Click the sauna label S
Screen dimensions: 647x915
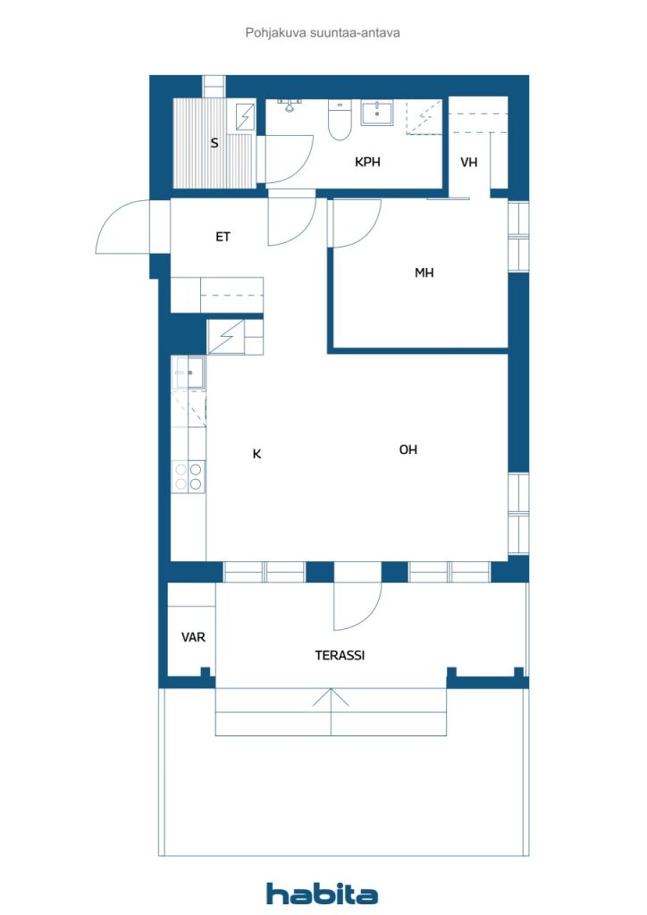(x=214, y=143)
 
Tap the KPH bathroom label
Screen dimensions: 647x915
(x=367, y=162)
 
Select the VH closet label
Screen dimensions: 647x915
(x=469, y=163)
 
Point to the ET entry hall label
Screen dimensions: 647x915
(x=223, y=237)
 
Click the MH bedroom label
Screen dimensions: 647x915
(x=424, y=273)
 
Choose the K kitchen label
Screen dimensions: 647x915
(x=256, y=454)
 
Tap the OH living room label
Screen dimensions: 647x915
(x=408, y=449)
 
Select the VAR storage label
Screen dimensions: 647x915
(x=193, y=637)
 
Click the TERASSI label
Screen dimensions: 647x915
(x=340, y=655)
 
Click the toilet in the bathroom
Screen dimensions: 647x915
(x=340, y=121)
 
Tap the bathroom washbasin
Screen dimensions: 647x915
(x=377, y=113)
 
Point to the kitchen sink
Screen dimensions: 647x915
(x=189, y=373)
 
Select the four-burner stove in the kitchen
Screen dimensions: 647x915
(x=189, y=476)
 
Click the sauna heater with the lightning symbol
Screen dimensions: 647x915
(x=245, y=116)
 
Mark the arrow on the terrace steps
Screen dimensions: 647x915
(x=331, y=712)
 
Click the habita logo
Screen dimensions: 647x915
(x=322, y=894)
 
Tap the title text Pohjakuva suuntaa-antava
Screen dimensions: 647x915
(x=323, y=33)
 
